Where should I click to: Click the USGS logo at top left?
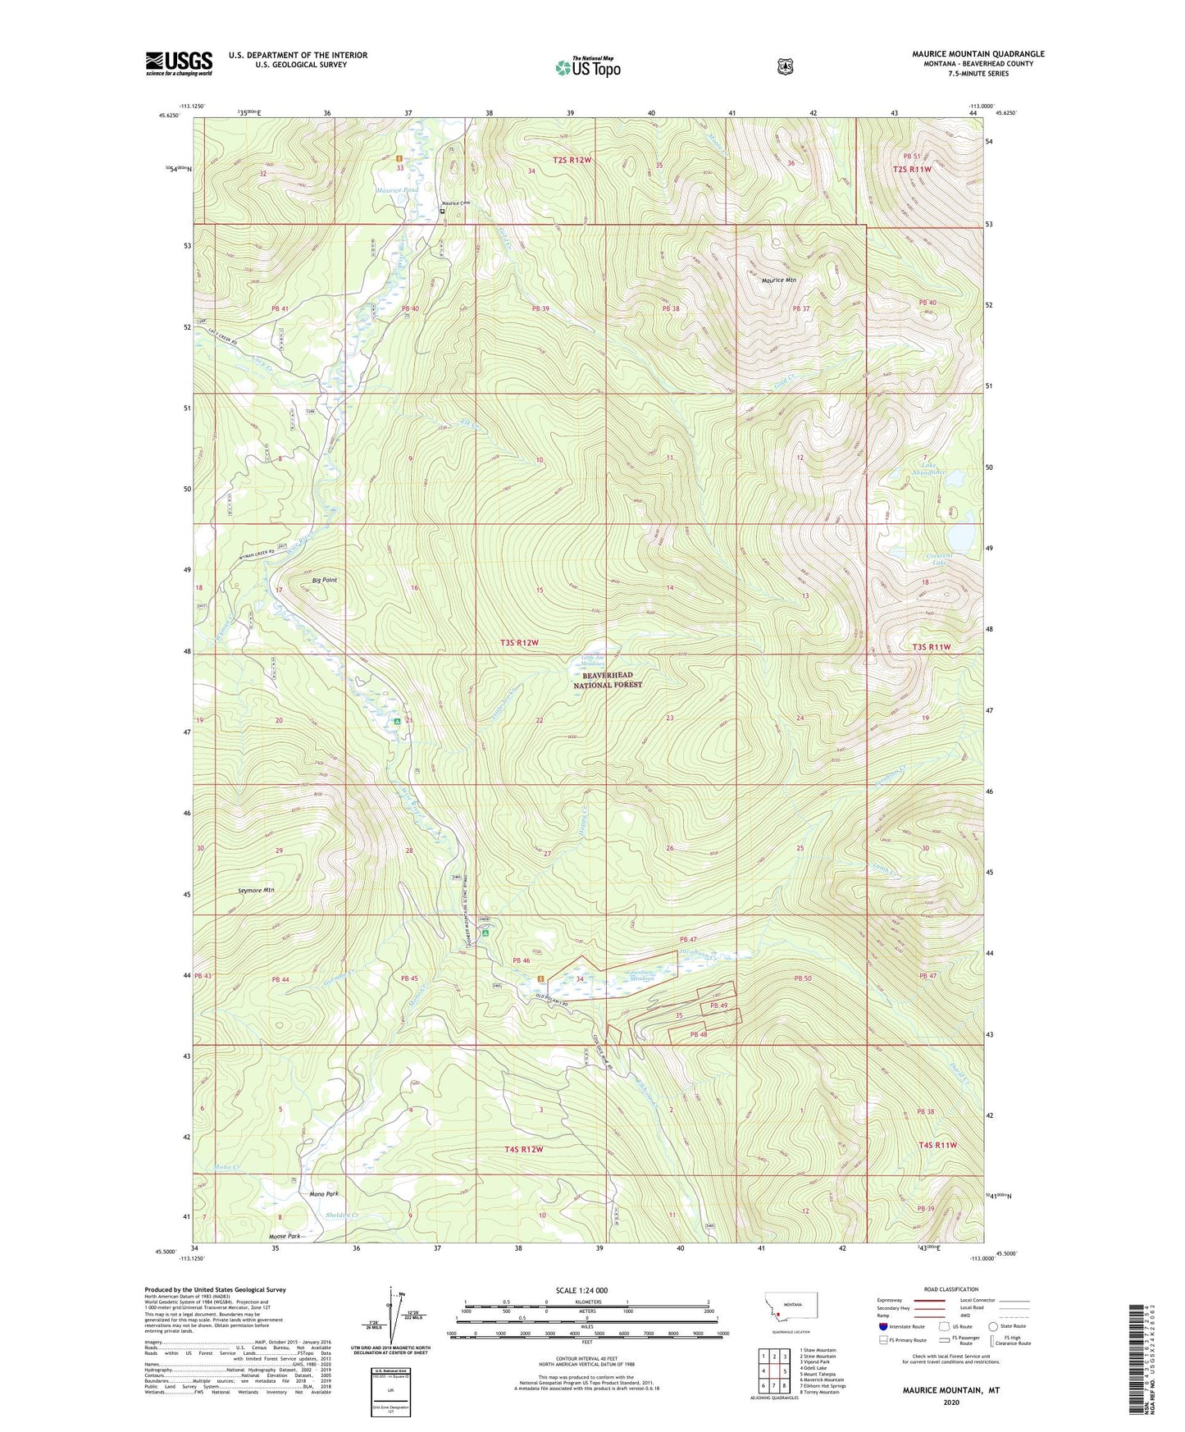(179, 63)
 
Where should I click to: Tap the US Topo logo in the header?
(587, 67)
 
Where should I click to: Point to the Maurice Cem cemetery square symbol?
(442, 211)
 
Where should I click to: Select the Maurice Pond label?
(398, 190)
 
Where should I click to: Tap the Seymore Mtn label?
(255, 890)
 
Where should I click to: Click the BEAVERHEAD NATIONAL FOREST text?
(607, 679)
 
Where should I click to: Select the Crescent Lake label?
(937, 559)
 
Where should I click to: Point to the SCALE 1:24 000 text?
(581, 1290)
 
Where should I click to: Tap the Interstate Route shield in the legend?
(882, 1325)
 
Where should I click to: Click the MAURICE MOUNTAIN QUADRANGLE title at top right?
(978, 54)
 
